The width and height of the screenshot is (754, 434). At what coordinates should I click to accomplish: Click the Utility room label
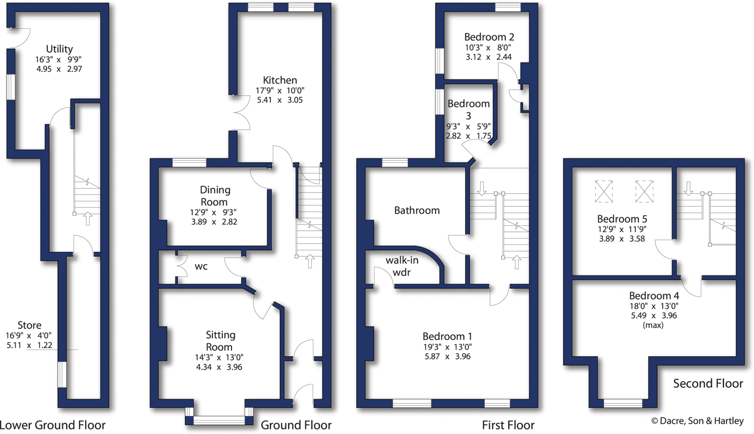[59, 49]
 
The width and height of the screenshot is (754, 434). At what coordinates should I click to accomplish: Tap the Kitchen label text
[280, 80]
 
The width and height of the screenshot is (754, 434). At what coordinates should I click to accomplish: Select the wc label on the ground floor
[201, 267]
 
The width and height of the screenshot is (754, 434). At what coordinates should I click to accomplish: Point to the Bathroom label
[417, 211]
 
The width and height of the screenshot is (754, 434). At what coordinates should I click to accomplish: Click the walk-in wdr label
[402, 266]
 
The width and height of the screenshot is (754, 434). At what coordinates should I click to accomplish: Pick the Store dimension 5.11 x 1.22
[29, 345]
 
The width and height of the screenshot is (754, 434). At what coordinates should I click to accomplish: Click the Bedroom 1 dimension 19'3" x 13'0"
[447, 347]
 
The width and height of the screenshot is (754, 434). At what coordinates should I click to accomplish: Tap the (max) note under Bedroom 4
[653, 325]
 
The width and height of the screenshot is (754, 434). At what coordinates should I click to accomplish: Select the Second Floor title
[708, 384]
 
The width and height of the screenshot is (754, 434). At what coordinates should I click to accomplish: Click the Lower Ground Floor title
[53, 425]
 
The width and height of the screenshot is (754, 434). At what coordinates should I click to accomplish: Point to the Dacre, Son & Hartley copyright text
[697, 421]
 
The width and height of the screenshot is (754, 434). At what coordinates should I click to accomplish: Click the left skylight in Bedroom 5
[604, 191]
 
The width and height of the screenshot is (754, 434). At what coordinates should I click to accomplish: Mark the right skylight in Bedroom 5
[644, 191]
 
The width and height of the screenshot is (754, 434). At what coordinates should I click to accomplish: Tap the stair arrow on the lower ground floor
[88, 218]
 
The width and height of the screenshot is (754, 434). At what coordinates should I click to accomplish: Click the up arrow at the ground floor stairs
[310, 261]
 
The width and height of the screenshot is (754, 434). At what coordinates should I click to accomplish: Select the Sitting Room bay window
[219, 420]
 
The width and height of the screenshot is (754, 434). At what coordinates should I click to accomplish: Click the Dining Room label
[215, 196]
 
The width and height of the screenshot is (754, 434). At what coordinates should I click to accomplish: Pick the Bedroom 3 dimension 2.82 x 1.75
[468, 136]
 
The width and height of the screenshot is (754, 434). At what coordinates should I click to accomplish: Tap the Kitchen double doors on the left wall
[241, 113]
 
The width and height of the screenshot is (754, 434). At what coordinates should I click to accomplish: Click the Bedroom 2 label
[489, 37]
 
